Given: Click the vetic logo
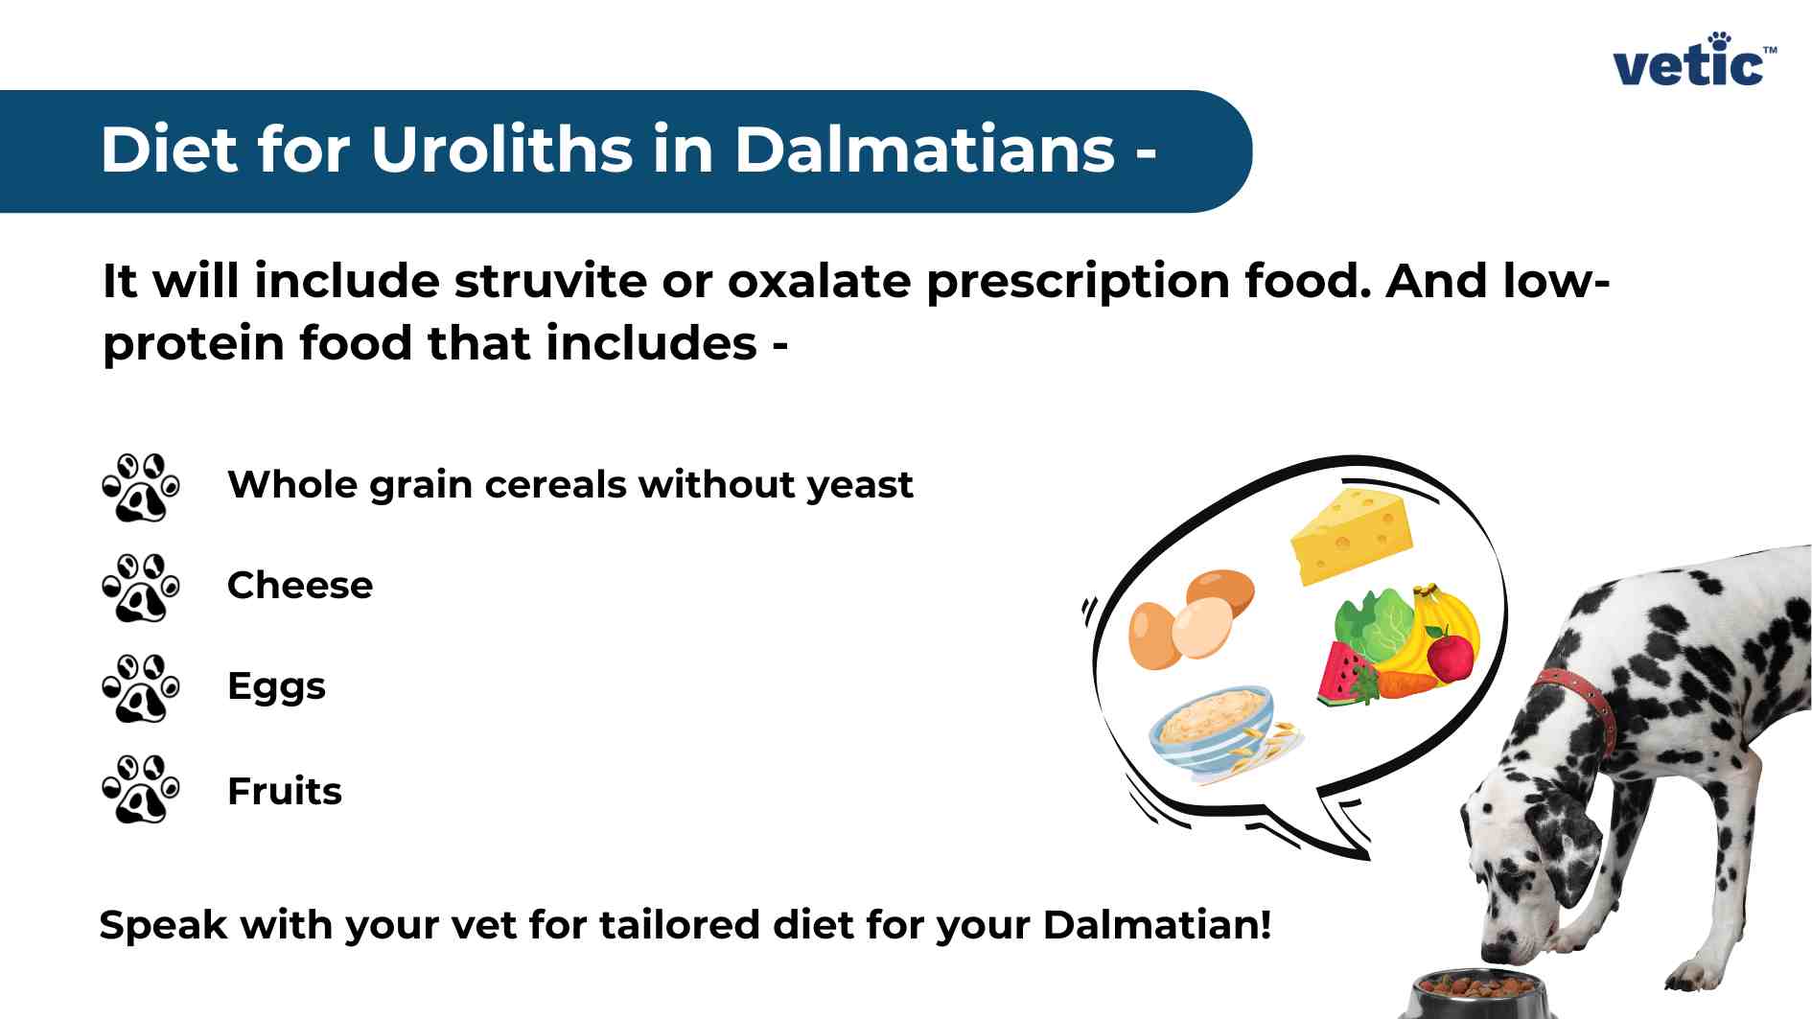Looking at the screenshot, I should coord(1693,61).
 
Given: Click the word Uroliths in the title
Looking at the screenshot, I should coord(501,151).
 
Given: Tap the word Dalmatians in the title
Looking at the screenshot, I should coord(925,151).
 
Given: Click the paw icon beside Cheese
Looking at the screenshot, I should coord(141,587).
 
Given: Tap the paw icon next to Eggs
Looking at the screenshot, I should coord(141,688).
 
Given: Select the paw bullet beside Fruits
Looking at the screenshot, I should coord(141,789).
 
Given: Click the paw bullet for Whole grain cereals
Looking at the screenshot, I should coord(141,487).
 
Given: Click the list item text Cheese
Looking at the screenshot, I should coord(300,585).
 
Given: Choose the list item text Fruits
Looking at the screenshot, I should coord(285,791).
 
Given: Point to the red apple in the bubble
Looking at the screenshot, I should coord(1451,657).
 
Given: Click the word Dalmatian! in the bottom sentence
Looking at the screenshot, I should coord(1156,925).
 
